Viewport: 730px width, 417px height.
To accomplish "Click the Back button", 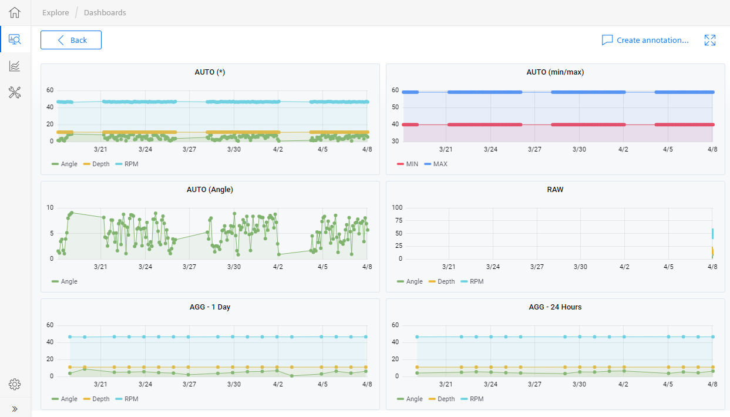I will [x=71, y=40].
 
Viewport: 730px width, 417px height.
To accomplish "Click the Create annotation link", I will [x=645, y=40].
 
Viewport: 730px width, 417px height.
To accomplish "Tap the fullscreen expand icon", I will [x=709, y=40].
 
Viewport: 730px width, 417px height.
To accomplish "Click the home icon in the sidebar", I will [x=15, y=12].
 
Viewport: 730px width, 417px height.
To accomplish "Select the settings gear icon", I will [x=15, y=385].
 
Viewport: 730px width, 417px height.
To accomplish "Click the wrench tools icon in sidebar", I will [x=15, y=92].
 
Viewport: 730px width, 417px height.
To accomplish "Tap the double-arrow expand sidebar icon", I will [x=15, y=409].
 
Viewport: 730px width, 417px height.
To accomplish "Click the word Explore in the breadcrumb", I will [x=55, y=12].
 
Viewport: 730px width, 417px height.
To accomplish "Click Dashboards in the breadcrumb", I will [x=105, y=12].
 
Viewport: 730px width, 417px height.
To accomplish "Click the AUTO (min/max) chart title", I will [x=555, y=72].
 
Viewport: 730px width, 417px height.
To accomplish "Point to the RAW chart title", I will [x=555, y=190].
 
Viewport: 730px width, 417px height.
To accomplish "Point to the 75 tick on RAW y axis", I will [x=397, y=220].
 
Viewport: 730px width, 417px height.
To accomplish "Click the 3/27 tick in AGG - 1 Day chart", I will [x=189, y=384].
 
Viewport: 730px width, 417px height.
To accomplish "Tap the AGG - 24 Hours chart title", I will [x=555, y=307].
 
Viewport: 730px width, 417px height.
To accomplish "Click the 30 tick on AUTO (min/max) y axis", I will [x=395, y=141].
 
